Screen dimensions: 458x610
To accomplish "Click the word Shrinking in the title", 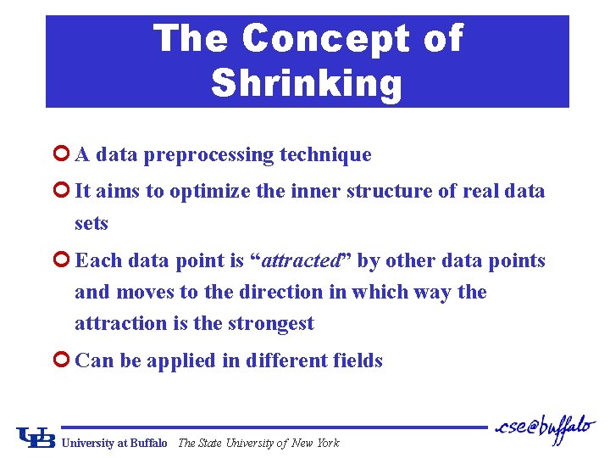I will (x=307, y=83).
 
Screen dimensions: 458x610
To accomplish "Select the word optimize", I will (x=208, y=192).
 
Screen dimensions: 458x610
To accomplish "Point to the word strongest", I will (x=269, y=323).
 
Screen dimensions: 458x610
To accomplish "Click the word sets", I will (x=91, y=224).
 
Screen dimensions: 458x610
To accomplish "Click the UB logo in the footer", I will (x=36, y=438).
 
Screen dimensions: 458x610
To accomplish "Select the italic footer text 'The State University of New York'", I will (x=258, y=443).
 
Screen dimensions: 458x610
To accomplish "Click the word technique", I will (x=326, y=155).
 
